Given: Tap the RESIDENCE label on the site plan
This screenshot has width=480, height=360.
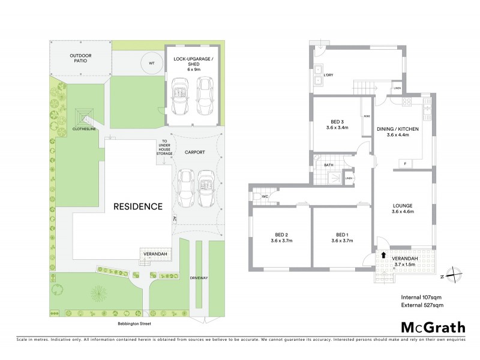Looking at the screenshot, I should pyautogui.click(x=139, y=206).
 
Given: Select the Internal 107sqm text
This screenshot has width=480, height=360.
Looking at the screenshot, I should pyautogui.click(x=421, y=297).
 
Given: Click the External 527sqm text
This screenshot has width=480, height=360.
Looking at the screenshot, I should pyautogui.click(x=422, y=306).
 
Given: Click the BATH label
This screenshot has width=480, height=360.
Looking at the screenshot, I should pyautogui.click(x=329, y=164).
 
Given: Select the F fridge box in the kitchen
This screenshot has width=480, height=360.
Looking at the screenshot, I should pyautogui.click(x=406, y=163).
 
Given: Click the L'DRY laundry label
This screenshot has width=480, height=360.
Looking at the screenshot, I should pyautogui.click(x=329, y=75).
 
